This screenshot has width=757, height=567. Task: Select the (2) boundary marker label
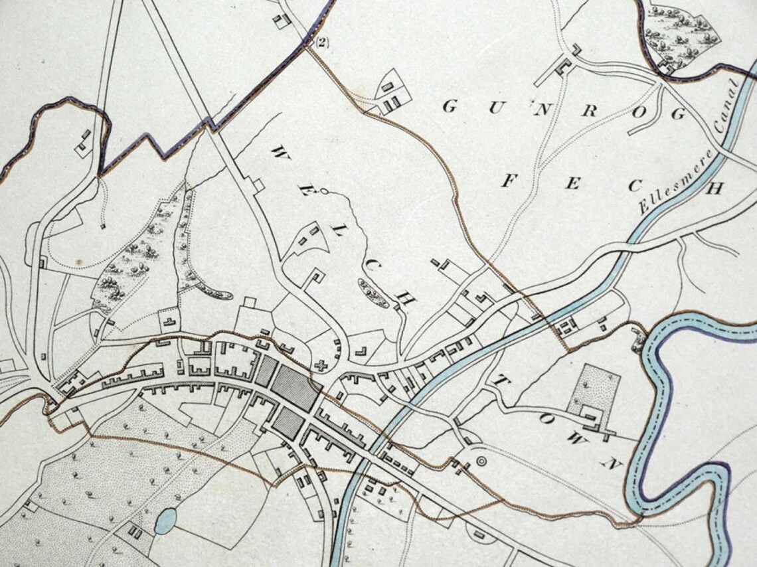coord(321,43)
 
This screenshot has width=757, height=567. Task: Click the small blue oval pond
coord(165,521)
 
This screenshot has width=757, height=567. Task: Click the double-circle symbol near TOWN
coord(481,460)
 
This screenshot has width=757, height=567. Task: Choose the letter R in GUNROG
coord(588,111)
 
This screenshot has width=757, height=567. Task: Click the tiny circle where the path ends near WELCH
coord(323,191)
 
